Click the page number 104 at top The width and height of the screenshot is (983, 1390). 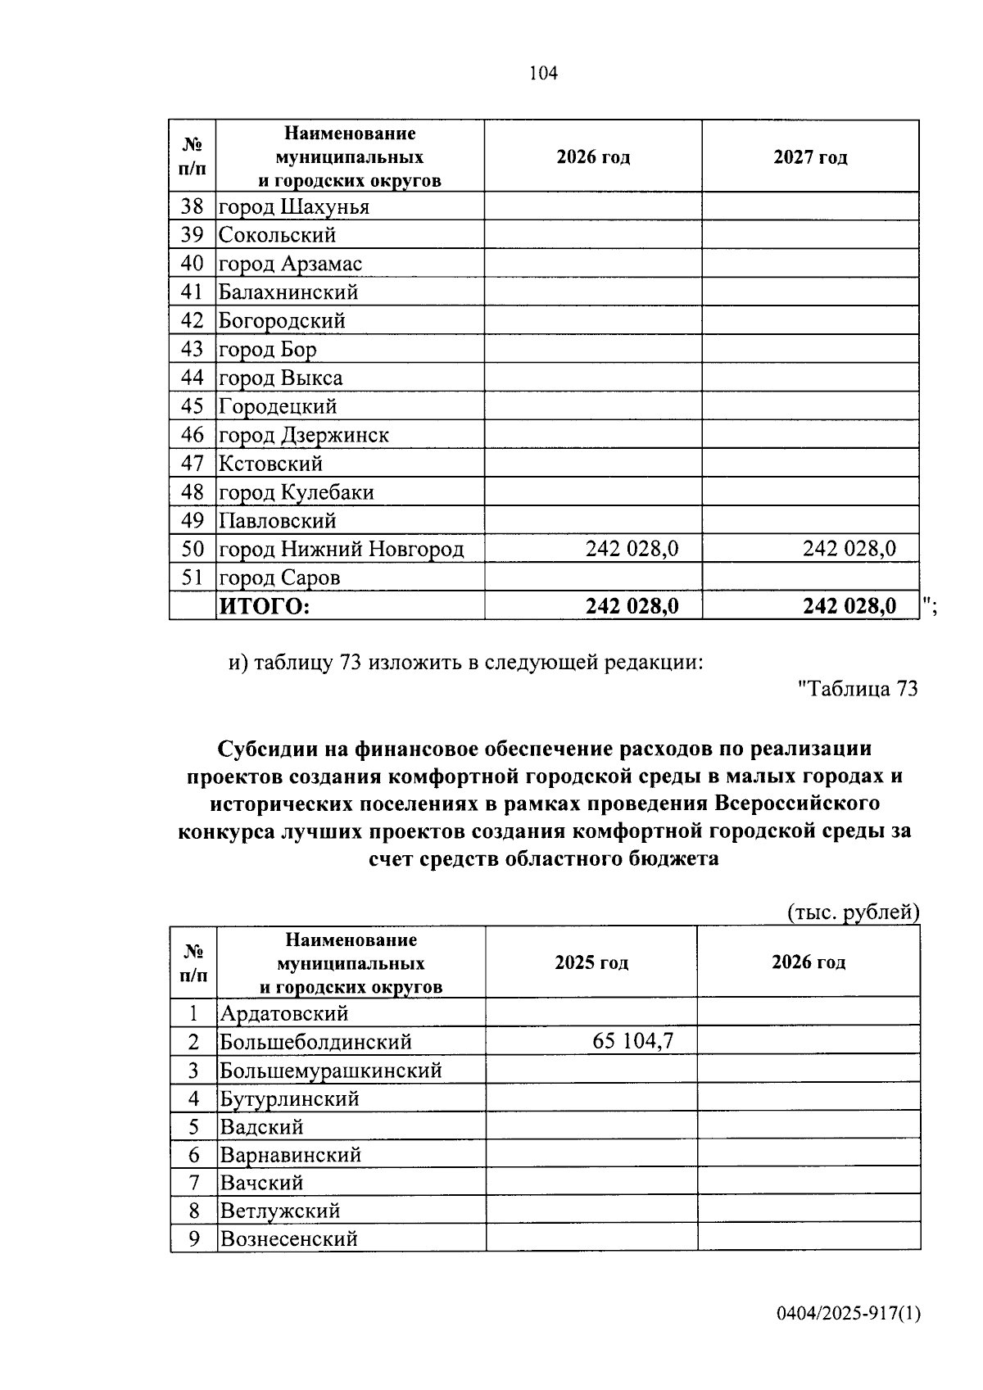point(543,74)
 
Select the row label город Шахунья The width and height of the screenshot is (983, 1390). point(293,207)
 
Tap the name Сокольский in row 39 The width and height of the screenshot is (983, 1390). point(277,236)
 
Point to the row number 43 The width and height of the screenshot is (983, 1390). point(192,350)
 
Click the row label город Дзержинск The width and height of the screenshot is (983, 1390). point(303,436)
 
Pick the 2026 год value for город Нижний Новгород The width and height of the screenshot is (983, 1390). point(632,549)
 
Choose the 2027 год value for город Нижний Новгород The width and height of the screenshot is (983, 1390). point(849,549)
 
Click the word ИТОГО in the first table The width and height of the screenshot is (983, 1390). point(264,607)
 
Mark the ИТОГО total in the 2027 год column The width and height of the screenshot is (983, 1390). point(849,607)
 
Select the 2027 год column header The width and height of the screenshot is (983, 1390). point(810,157)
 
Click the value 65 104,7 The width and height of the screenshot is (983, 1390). point(632,1042)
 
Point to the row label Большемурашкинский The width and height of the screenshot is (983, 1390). point(330,1071)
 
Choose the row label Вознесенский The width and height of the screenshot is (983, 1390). point(288,1239)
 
